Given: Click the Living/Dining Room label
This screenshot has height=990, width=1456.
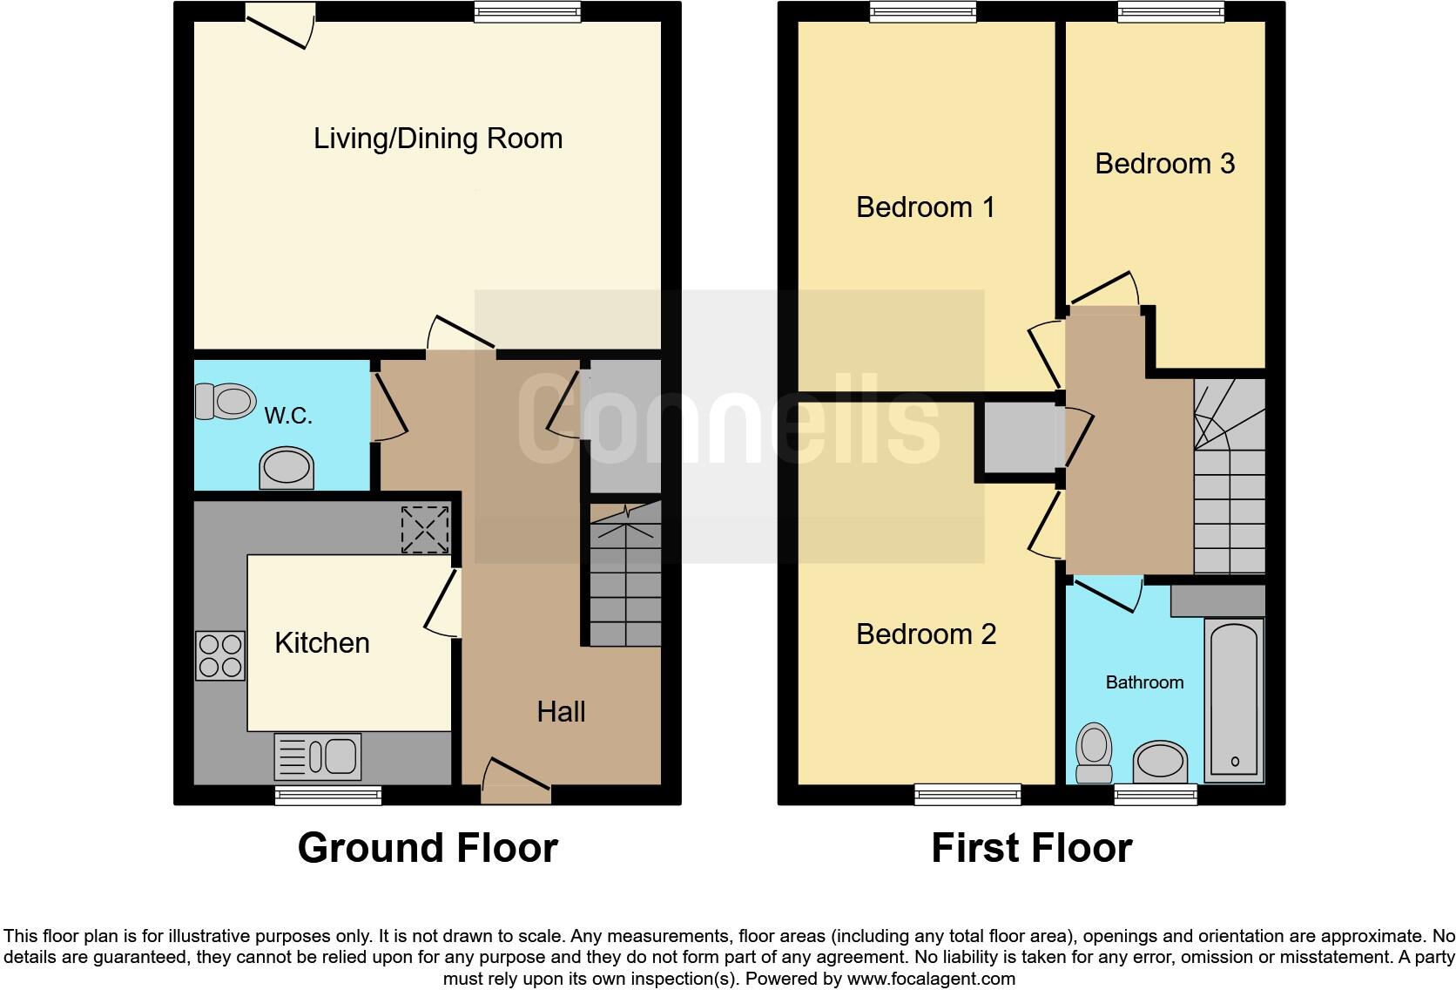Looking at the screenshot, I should point(438,139).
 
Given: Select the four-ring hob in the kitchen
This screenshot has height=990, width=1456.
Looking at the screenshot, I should point(219,656).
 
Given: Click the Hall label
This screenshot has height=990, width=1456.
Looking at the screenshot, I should point(561,712).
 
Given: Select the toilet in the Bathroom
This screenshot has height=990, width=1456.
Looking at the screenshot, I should point(1094,755).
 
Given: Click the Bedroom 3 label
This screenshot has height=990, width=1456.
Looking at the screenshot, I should point(1164,164).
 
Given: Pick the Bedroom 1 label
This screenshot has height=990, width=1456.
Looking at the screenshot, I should point(925,207).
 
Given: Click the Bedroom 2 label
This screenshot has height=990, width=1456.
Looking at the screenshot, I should point(925,634).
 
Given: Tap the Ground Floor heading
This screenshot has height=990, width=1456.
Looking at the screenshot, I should point(428,848).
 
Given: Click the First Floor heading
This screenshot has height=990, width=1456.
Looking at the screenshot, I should point(1031,848).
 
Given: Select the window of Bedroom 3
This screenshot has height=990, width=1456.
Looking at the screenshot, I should point(1170,11).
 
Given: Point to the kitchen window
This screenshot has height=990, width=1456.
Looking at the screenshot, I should point(328,794).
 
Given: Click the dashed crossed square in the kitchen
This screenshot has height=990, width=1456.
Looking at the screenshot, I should point(425,530).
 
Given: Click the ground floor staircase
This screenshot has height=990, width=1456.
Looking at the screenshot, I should point(625,575).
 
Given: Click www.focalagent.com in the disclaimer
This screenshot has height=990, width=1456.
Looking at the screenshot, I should point(931,979).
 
